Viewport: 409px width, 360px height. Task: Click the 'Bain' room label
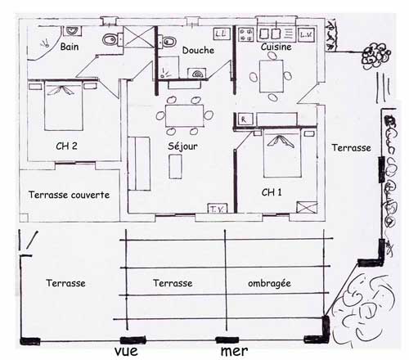click(70, 47)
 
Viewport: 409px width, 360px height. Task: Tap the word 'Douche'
click(198, 50)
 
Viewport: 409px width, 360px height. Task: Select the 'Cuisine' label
click(276, 47)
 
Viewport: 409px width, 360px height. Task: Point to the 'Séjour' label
click(182, 146)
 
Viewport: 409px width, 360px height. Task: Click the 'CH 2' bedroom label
click(66, 146)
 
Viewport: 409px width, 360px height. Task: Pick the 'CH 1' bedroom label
click(272, 192)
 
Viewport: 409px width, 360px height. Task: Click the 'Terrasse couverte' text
click(69, 195)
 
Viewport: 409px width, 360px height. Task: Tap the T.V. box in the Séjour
click(218, 208)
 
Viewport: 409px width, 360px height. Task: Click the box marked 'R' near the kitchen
click(244, 119)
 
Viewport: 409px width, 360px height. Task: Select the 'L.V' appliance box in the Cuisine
click(306, 34)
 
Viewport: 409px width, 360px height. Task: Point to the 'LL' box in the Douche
click(221, 34)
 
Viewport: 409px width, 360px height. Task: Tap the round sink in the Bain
click(73, 30)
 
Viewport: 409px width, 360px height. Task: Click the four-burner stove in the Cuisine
click(246, 35)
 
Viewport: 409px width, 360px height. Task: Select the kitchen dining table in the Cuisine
click(272, 76)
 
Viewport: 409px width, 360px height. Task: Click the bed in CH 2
click(64, 105)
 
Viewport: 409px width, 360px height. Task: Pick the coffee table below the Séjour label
click(175, 166)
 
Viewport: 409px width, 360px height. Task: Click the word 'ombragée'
click(269, 284)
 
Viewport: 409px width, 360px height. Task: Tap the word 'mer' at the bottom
click(234, 351)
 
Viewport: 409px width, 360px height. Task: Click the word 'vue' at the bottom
click(126, 351)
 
